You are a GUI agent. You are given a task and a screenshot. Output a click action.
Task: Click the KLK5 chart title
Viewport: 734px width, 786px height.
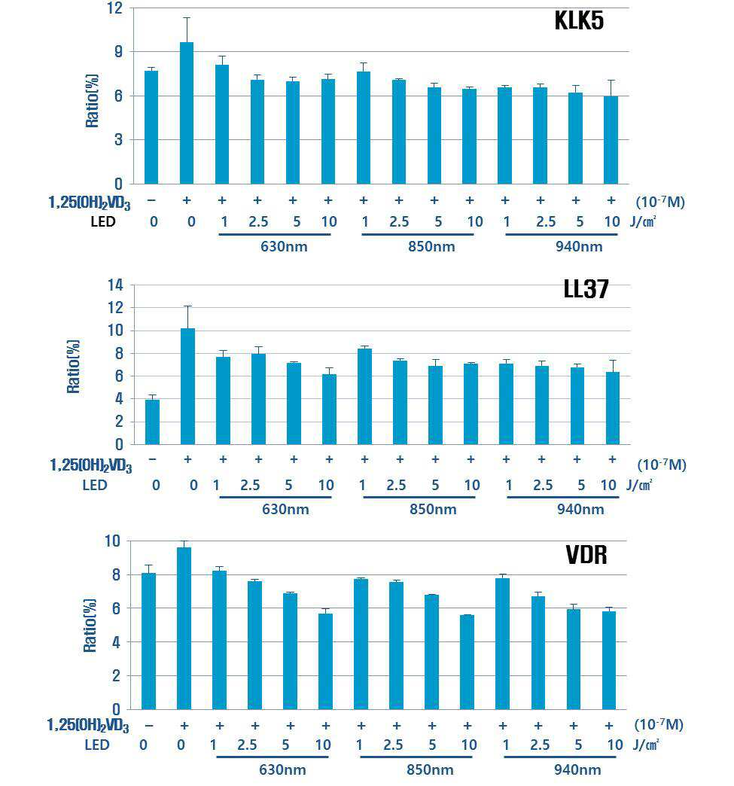point(579,21)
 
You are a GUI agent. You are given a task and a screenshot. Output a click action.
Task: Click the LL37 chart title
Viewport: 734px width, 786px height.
point(586,289)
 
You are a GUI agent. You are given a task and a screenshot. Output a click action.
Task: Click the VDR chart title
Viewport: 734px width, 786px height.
point(586,555)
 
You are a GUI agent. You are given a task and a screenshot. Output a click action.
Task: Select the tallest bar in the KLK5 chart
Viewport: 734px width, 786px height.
point(187,113)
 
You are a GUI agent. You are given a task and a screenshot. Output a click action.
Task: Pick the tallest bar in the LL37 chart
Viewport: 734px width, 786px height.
point(187,386)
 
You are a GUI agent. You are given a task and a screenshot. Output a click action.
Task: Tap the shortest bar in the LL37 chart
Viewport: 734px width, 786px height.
point(152,422)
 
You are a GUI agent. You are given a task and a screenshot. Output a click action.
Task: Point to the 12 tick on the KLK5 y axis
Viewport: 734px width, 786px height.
point(114,8)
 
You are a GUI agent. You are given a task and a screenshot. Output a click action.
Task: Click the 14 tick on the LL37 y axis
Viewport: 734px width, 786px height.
point(115,285)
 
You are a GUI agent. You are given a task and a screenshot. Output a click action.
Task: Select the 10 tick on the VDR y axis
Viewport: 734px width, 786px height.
point(112,541)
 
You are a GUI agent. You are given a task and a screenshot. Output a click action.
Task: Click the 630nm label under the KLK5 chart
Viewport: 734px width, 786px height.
point(284,247)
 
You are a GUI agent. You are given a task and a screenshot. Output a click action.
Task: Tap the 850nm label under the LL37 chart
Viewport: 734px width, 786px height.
point(433,510)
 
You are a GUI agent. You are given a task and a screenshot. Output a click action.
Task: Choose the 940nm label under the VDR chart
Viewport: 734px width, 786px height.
point(577,770)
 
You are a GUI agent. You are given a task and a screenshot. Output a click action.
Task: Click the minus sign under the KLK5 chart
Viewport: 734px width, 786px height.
point(151,200)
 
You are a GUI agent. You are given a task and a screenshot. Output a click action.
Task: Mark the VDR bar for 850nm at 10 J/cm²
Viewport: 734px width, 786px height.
point(467,663)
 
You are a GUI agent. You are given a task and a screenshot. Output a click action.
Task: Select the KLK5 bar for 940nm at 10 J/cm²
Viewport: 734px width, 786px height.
point(611,140)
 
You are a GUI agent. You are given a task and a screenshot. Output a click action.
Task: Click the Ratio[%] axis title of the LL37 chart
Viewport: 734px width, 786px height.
point(73,367)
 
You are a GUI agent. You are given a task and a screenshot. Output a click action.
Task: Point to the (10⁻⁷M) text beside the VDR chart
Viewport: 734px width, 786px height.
point(659,724)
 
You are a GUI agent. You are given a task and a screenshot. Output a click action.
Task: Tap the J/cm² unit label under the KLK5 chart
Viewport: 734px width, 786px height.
point(643,221)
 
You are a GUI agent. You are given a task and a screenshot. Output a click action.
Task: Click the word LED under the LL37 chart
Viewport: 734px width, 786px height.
point(95,486)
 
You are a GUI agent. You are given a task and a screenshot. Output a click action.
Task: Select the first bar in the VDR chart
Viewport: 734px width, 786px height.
point(148,641)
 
